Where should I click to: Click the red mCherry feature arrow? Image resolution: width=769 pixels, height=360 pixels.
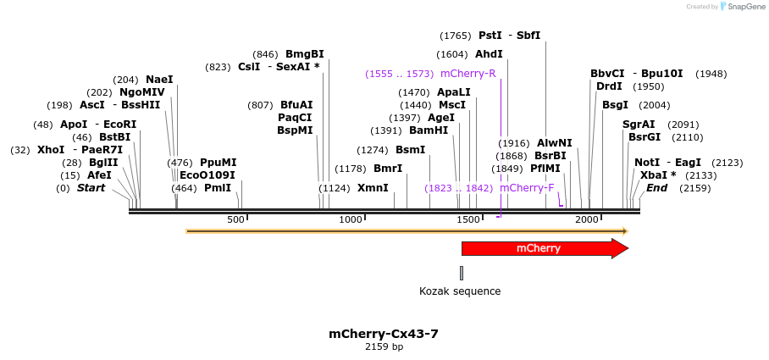(542, 248)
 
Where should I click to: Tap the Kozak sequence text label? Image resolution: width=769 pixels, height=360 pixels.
(460, 291)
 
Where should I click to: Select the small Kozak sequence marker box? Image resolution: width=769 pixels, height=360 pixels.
(462, 273)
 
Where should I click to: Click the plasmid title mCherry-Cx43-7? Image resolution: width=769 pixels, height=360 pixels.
(384, 334)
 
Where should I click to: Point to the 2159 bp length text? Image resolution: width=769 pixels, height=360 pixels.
(384, 347)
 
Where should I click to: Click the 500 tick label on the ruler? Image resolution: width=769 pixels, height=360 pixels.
(235, 220)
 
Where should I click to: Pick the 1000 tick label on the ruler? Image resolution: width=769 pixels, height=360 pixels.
(351, 220)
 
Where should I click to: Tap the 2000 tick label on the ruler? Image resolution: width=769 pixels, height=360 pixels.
(586, 220)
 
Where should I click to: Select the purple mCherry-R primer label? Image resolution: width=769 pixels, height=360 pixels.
(467, 74)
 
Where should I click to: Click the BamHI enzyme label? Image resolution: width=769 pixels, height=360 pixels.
(429, 130)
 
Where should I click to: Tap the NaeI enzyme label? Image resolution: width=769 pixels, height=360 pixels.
(159, 80)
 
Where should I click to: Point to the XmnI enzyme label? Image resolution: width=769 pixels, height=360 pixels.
(373, 188)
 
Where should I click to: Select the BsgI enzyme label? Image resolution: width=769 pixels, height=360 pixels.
(616, 105)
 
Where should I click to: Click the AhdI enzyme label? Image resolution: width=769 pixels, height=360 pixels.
(489, 54)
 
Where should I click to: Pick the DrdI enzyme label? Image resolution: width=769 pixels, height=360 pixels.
(609, 86)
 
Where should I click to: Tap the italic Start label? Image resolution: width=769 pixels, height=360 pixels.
(91, 188)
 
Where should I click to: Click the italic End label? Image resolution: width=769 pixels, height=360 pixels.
(656, 188)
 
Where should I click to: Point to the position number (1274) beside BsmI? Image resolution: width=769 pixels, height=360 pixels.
(373, 150)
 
